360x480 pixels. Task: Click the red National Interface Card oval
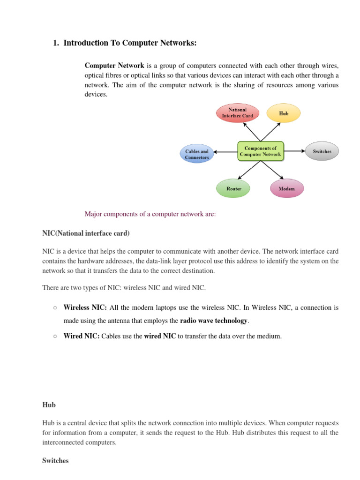[x=238, y=113]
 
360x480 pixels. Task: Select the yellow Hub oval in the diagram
[x=283, y=113]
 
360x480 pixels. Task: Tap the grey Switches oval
[x=322, y=151]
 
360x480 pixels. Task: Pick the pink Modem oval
[x=287, y=188]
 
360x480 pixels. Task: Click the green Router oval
[x=233, y=188]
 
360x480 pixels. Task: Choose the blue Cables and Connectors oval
[x=197, y=154]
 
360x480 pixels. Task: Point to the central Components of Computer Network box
[x=260, y=151]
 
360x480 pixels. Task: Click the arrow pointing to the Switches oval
[x=294, y=151]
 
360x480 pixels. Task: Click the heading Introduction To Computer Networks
[x=130, y=43]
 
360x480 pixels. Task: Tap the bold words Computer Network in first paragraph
[x=114, y=65]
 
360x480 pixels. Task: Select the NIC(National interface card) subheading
[x=86, y=233]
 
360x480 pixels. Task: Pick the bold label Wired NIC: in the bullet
[x=82, y=336]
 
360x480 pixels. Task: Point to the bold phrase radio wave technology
[x=214, y=321]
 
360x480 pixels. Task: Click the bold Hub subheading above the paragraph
[x=49, y=405]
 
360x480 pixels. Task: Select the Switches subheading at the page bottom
[x=55, y=461]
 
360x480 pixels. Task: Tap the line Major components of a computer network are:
[x=150, y=214]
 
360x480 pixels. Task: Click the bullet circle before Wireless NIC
[x=55, y=308]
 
